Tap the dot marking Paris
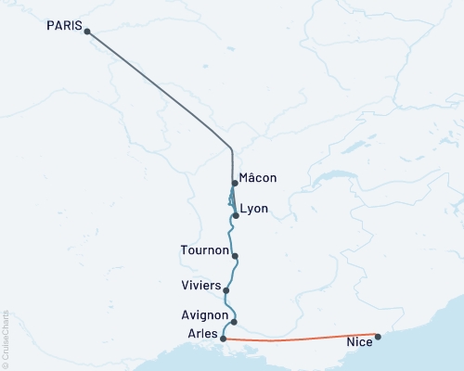tap(87, 32)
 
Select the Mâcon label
tap(257, 177)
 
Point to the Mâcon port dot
tap(236, 183)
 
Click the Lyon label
tap(253, 209)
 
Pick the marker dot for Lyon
tap(236, 215)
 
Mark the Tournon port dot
tap(236, 256)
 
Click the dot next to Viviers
tap(226, 289)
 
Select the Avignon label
tap(204, 315)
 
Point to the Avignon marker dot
tap(234, 322)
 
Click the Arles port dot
tap(224, 339)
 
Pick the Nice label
tap(359, 343)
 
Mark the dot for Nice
tap(378, 336)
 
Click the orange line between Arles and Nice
tap(297, 339)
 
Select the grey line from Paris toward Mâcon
tap(158, 88)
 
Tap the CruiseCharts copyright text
tap(6, 339)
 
